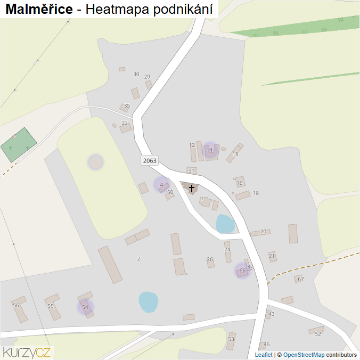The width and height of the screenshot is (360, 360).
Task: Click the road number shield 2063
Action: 149,160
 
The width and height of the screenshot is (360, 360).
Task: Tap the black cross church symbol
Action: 192,188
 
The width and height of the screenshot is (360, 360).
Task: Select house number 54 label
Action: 85,307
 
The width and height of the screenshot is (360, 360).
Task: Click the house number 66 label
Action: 242,271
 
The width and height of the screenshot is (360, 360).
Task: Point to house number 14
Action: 210,150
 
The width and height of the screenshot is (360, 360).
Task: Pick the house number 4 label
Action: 161,185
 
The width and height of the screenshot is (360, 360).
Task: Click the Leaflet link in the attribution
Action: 264,355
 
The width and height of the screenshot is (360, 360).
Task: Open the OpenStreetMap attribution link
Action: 304,355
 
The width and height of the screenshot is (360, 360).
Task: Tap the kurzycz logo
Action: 27,352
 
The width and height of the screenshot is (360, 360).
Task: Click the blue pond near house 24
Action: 225,224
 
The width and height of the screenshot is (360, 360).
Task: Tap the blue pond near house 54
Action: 149,302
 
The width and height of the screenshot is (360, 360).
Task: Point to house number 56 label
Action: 16,305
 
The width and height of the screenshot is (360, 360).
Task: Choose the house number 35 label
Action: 127,106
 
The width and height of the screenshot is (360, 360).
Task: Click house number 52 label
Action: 318,334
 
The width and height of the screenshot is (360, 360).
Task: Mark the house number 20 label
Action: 263,232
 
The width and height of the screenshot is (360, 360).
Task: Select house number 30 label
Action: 136,74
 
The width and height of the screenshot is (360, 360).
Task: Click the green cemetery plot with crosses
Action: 18,144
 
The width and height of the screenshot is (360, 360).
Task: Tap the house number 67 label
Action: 301,279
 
